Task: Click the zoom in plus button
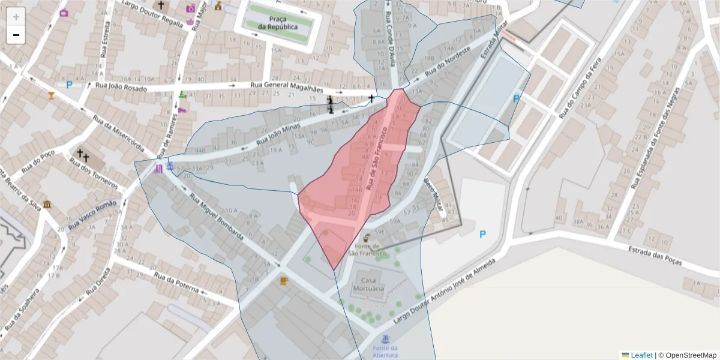(x=16, y=16)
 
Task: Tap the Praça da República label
(x=278, y=23)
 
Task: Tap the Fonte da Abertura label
(x=385, y=352)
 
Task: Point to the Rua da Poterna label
(x=176, y=283)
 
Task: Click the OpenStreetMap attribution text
(x=687, y=355)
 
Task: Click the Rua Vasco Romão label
(x=92, y=214)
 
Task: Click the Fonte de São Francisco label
(x=367, y=249)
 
